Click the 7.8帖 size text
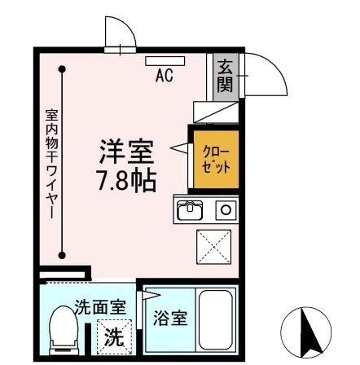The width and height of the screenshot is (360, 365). pos(126,179)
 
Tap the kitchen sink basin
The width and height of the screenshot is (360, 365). pos(190,210)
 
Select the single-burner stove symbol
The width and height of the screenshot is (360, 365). pos(226,209)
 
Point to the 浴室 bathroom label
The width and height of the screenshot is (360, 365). pos(171,317)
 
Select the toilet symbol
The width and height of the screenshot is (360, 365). pos(62,330)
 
